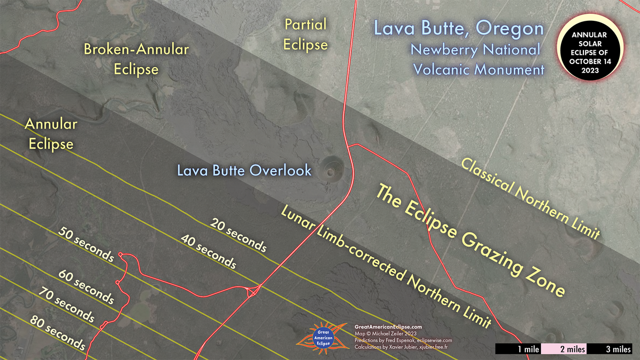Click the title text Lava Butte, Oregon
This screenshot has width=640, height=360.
tap(458, 28)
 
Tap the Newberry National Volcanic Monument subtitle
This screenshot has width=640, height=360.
tap(475, 59)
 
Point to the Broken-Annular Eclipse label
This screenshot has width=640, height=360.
tap(136, 59)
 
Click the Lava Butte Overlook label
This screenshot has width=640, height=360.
tap(244, 171)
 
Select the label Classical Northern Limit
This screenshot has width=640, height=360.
tap(531, 197)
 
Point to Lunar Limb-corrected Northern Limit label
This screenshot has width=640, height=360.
tap(385, 267)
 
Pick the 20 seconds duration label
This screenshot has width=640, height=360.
tap(238, 235)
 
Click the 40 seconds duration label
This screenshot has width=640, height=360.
tap(209, 251)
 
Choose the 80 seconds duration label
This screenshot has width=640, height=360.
tap(57, 331)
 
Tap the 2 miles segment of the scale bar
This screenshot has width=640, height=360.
tap(564, 349)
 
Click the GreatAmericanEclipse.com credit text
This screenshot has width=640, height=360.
tap(388, 326)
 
